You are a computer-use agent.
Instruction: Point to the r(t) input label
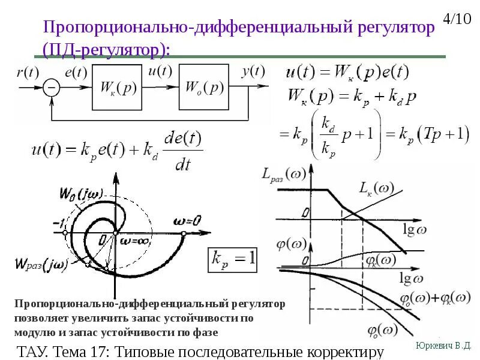point(28,73)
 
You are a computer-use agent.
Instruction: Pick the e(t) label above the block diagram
point(76,73)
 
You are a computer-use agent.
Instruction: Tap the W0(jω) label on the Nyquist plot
point(81,193)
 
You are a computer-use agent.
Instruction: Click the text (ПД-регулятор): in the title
point(106,49)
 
